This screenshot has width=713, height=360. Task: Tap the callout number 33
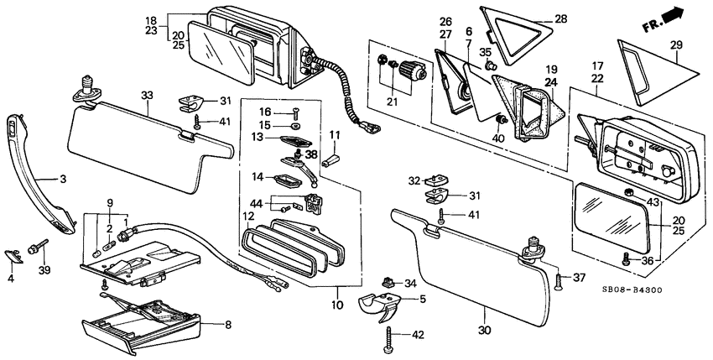click(147, 96)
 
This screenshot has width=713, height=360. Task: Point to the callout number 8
click(228, 325)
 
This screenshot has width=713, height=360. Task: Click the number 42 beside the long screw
click(418, 336)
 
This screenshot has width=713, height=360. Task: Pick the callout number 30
click(485, 331)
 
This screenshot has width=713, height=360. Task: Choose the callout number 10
click(337, 305)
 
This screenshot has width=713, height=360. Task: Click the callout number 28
click(560, 19)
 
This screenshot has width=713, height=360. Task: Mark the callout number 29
click(677, 44)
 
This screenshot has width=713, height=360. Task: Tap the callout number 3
click(63, 180)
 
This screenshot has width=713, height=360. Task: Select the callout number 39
click(44, 270)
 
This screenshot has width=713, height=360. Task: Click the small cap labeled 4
click(13, 256)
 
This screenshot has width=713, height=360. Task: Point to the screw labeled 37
click(559, 282)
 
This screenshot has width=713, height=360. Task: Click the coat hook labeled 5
click(381, 307)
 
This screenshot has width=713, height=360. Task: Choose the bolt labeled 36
click(626, 259)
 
